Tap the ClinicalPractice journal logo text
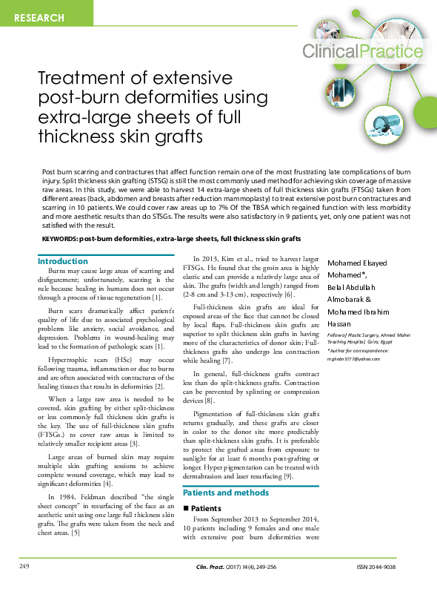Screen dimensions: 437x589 [x=363, y=51]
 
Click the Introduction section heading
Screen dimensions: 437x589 [x=63, y=261]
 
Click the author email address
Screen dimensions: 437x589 [x=353, y=359]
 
